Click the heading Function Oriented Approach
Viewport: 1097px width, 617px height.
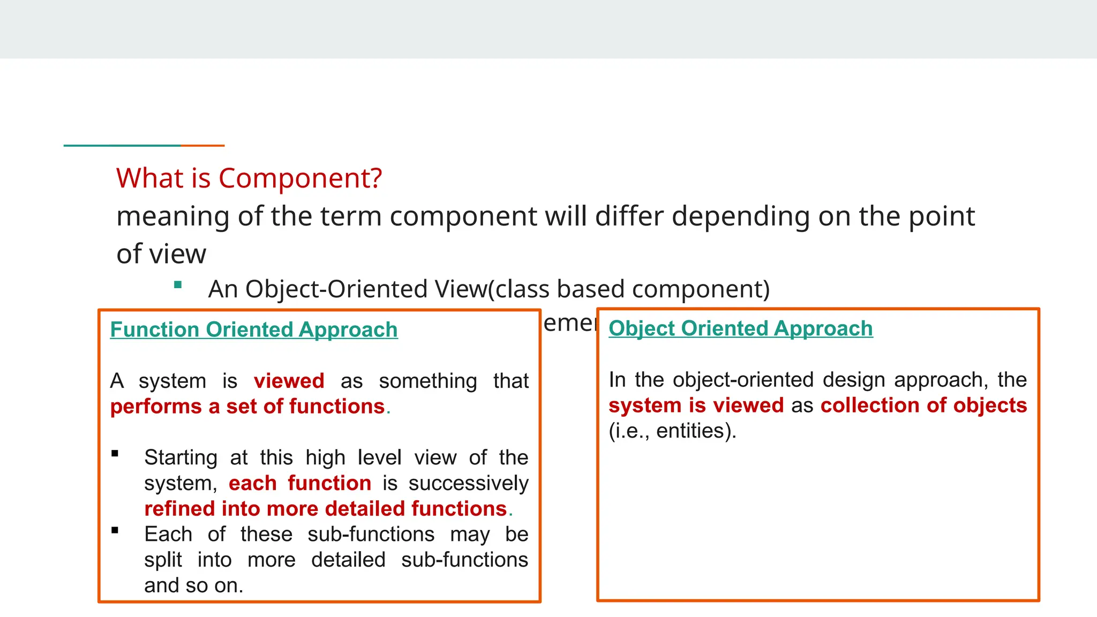[253, 329]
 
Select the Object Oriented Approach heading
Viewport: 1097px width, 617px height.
[740, 328]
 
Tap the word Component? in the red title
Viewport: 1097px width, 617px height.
[300, 178]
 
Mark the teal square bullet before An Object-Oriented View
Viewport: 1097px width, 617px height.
[178, 285]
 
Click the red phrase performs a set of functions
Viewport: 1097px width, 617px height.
[247, 407]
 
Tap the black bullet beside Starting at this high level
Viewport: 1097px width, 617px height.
[115, 454]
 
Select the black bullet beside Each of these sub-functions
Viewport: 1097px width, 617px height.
[115, 531]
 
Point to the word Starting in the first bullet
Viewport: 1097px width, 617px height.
[181, 457]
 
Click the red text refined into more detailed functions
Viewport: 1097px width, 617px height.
[325, 509]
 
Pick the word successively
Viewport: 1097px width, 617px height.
[468, 483]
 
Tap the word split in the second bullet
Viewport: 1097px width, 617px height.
[163, 560]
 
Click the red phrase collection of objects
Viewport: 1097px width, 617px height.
[923, 405]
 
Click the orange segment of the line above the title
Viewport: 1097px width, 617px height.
[202, 145]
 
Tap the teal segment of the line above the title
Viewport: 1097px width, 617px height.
[122, 145]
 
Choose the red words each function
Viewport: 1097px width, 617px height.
[299, 483]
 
